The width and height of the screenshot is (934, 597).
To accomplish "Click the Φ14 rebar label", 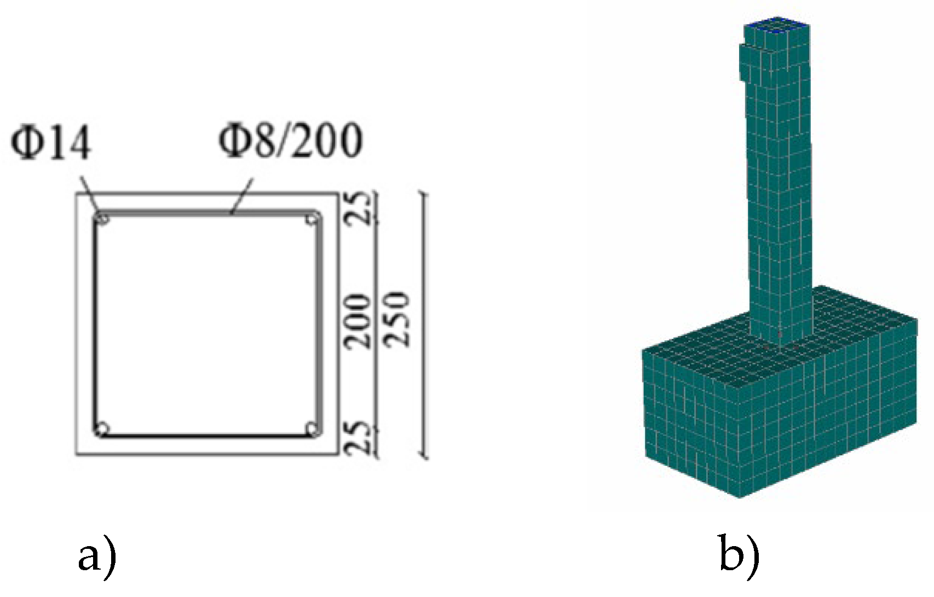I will coord(50,141).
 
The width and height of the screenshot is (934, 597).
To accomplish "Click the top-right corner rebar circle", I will coord(312,219).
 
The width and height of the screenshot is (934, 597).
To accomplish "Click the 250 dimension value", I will coord(396,319).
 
